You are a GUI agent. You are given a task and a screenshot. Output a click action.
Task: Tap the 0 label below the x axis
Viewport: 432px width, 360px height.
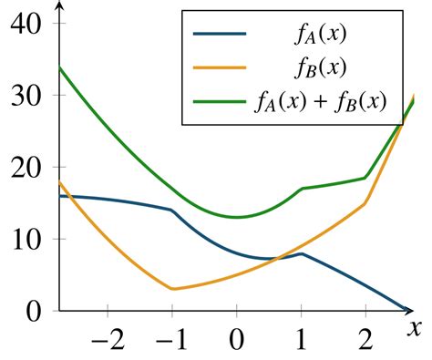(x=237, y=344)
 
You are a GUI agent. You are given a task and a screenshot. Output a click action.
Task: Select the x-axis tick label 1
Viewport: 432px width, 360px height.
(x=301, y=344)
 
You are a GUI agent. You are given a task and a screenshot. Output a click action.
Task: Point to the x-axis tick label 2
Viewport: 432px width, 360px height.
(x=365, y=344)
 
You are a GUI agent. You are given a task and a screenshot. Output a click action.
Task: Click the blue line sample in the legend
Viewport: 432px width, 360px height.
(x=220, y=35)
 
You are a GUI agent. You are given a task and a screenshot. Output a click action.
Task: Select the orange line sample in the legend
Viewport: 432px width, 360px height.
(x=220, y=68)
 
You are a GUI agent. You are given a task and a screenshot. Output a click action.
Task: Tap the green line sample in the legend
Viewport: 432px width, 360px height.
(x=220, y=102)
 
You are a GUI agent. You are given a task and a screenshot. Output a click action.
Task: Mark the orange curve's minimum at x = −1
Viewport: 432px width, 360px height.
(x=172, y=289)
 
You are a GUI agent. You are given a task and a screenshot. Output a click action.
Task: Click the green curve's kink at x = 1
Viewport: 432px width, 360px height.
(x=301, y=189)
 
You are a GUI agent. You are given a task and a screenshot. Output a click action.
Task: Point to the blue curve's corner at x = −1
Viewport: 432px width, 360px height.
(x=172, y=210)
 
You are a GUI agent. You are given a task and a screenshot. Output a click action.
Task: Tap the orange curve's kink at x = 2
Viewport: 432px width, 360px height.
(x=365, y=203)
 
